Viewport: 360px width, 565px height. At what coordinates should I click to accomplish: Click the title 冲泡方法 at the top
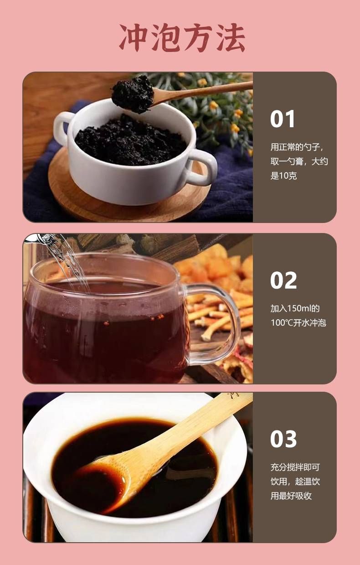[x=182, y=37]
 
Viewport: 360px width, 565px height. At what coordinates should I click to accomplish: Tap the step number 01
[x=283, y=119]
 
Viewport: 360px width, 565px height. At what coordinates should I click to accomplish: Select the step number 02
[x=283, y=280]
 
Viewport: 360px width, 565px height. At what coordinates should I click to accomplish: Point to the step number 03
[x=283, y=439]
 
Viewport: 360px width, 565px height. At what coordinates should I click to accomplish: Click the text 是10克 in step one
[x=283, y=176]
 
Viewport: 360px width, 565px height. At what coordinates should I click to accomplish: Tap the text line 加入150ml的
[x=295, y=308]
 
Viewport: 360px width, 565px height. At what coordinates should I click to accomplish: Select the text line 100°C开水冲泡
[x=298, y=322]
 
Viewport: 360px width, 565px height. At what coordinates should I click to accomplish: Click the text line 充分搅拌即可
[x=295, y=467]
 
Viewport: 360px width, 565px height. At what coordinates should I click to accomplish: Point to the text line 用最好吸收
[x=291, y=496]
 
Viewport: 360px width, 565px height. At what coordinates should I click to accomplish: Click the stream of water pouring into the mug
[x=68, y=262]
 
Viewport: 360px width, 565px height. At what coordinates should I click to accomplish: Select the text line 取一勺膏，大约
[x=299, y=161]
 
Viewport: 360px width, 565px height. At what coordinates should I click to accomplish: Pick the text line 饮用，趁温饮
[x=295, y=482]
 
